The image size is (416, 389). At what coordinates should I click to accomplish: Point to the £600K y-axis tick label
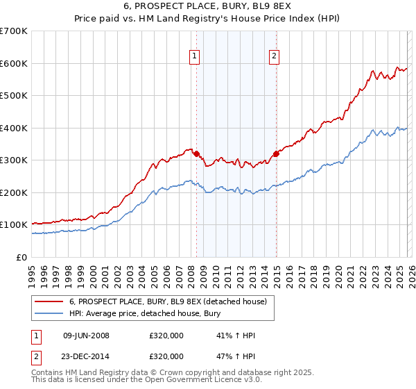click(14, 63)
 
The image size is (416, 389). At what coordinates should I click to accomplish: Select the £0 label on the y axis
click(22, 257)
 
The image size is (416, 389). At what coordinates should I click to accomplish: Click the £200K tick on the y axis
click(14, 192)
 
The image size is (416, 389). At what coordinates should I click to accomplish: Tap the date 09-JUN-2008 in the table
click(86, 336)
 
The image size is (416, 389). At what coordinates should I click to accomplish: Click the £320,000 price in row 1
click(166, 336)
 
